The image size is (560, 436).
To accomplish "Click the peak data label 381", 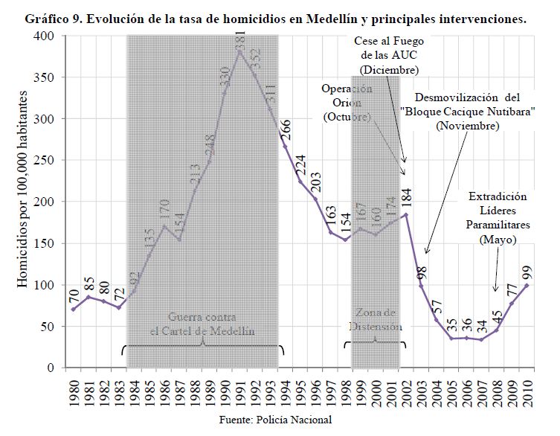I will click(240, 58).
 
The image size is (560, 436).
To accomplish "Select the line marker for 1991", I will click(239, 51).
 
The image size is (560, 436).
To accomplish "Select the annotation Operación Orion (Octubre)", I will click(347, 103).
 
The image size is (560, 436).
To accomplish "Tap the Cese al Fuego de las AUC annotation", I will click(388, 55).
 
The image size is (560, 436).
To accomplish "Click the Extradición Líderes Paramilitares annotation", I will click(498, 219).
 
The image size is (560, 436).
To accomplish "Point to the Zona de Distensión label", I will click(376, 320).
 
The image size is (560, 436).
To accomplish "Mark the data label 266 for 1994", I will click(286, 129).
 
